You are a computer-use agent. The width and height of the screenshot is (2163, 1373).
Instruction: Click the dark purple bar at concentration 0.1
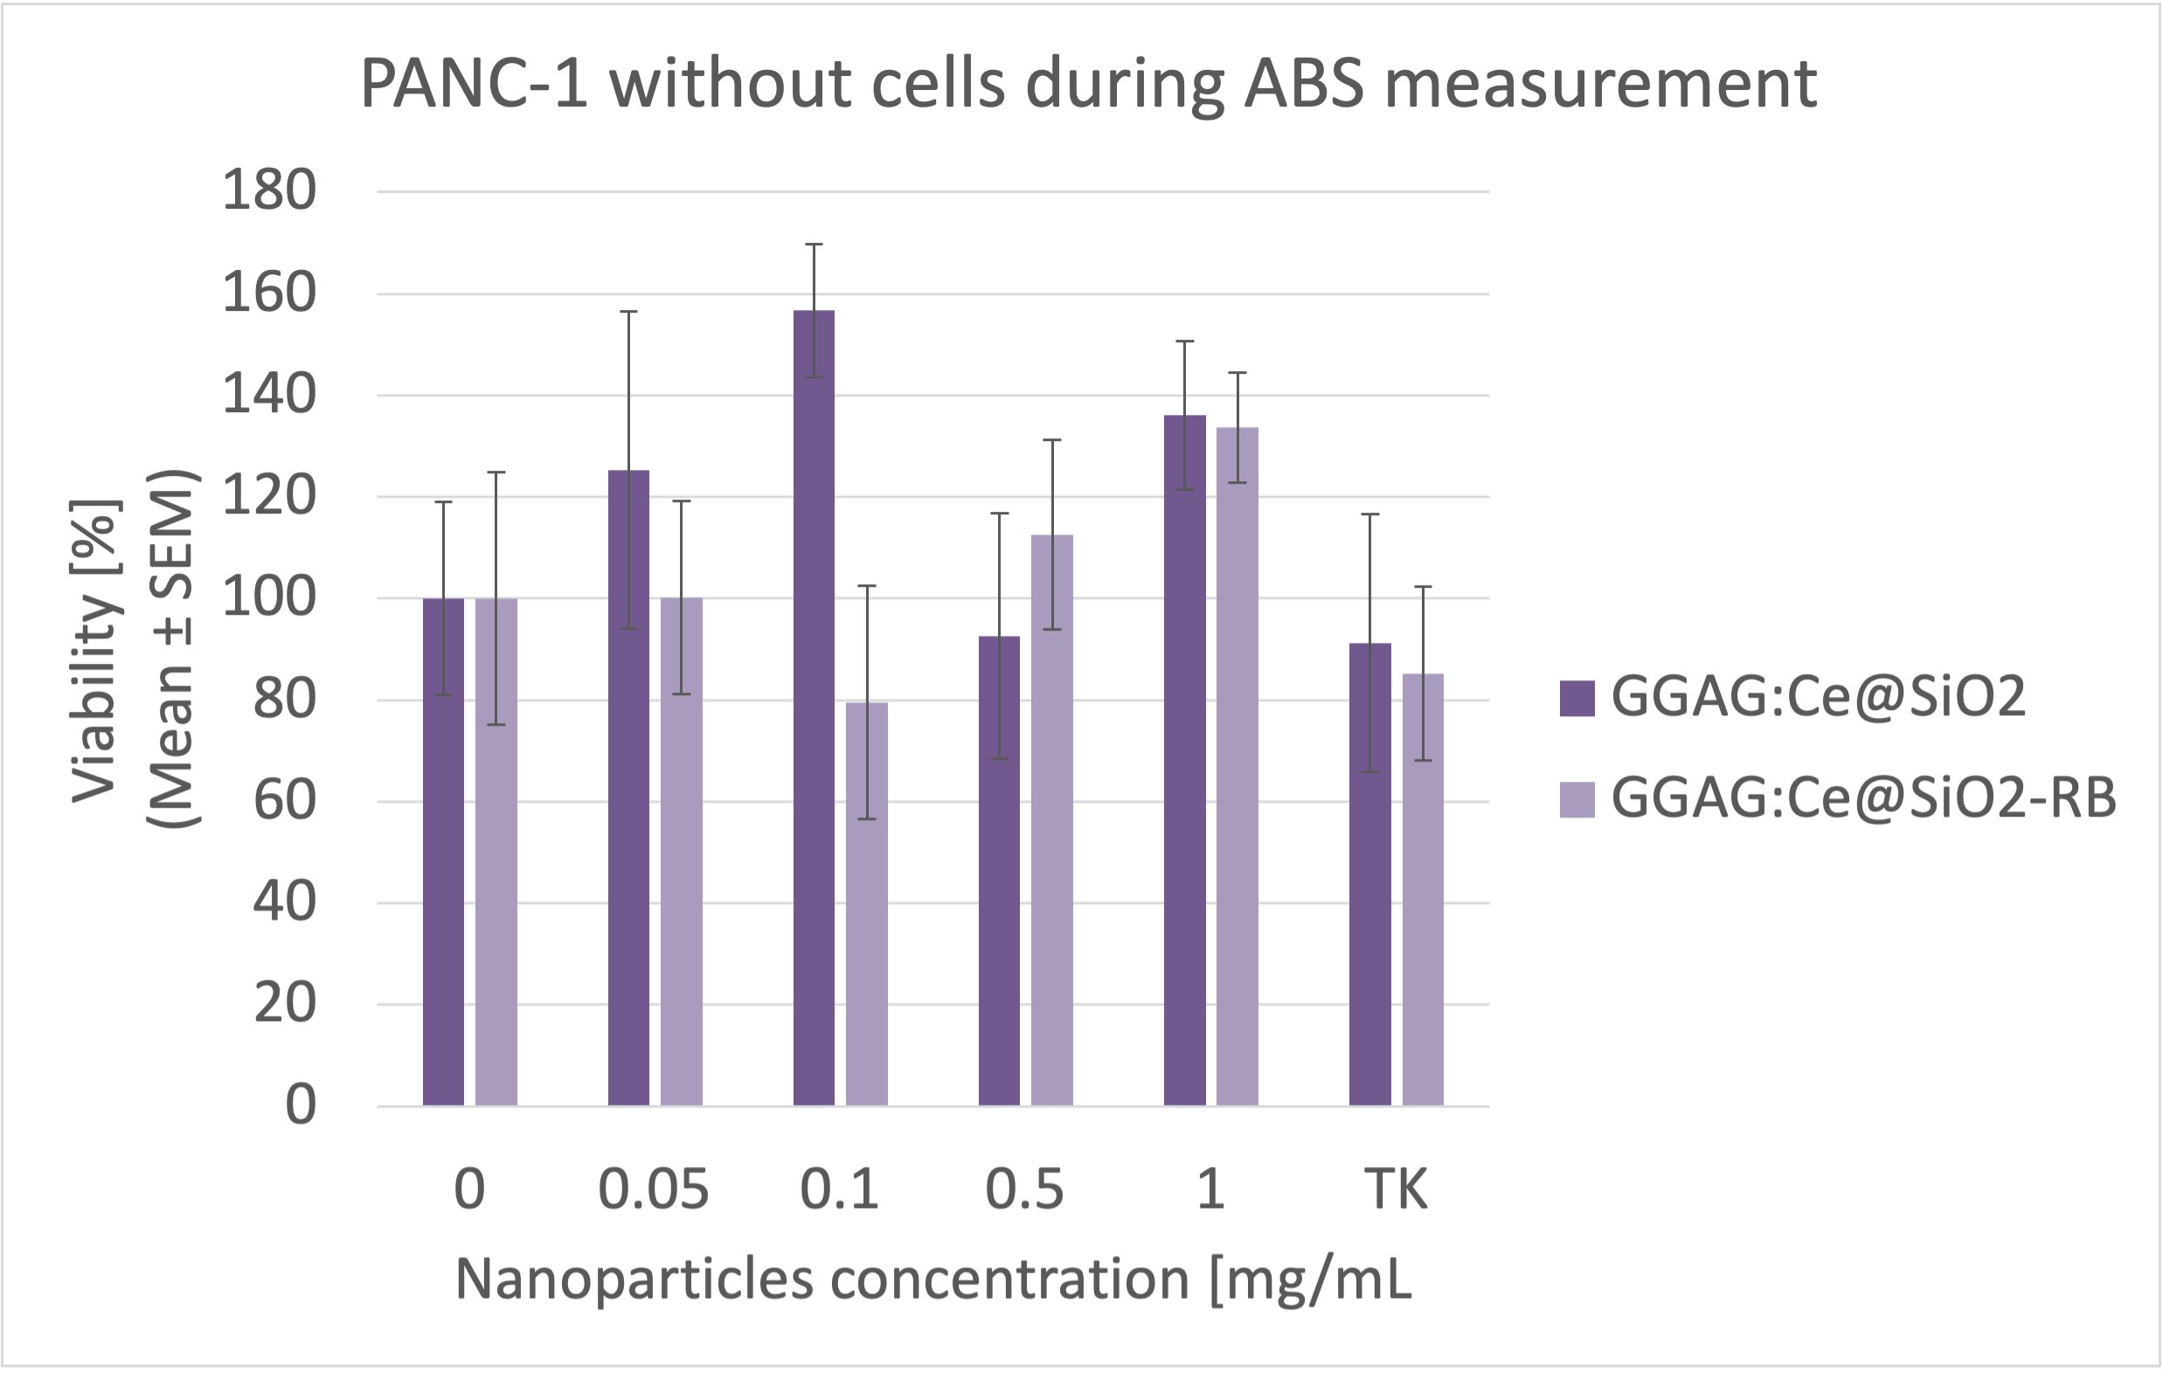[813, 718]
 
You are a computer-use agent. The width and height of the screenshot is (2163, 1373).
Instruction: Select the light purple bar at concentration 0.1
[867, 907]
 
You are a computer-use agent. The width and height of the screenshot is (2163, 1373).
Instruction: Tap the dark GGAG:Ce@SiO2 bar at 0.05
[627, 790]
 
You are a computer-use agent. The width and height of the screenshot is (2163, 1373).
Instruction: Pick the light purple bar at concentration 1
[1237, 772]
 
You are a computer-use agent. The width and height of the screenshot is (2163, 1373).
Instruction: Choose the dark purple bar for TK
[1369, 880]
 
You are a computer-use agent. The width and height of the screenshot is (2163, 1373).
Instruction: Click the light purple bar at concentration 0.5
[1052, 826]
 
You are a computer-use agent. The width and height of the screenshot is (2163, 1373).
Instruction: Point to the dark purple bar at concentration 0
[443, 853]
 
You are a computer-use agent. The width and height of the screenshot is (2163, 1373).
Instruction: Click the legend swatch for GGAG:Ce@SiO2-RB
[1577, 799]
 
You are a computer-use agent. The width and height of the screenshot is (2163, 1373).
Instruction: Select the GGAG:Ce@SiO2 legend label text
[1819, 697]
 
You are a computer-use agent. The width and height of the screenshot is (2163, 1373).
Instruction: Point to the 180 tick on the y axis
[268, 191]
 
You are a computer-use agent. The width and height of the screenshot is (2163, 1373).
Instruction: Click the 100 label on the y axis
[268, 598]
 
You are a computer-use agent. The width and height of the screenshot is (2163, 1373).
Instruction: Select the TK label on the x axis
[1395, 1190]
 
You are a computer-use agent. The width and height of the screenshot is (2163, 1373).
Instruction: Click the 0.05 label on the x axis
[654, 1190]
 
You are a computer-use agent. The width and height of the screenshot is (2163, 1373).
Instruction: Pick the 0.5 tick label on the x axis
[1024, 1190]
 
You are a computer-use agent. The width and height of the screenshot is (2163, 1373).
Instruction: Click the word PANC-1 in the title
[475, 84]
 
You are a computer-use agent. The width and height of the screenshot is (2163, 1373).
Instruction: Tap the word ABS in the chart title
[1304, 84]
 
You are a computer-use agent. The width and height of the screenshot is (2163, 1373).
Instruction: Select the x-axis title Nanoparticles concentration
[822, 1279]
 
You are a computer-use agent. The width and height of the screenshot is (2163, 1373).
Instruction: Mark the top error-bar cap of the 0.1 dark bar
[814, 245]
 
